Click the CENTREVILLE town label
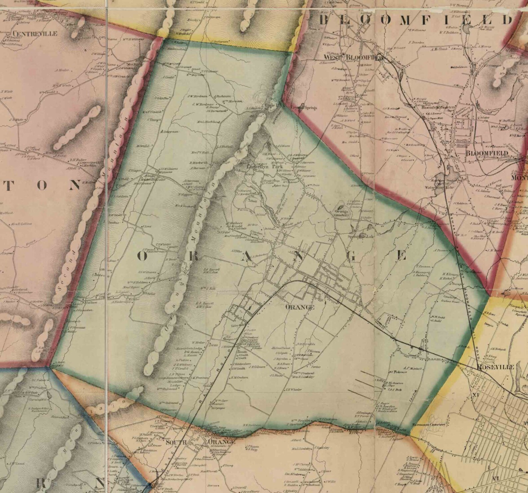(x=35, y=34)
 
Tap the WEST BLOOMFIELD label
(x=353, y=56)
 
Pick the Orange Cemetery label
(x=342, y=213)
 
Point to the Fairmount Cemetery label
(x=429, y=425)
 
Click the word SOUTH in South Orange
(x=176, y=442)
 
